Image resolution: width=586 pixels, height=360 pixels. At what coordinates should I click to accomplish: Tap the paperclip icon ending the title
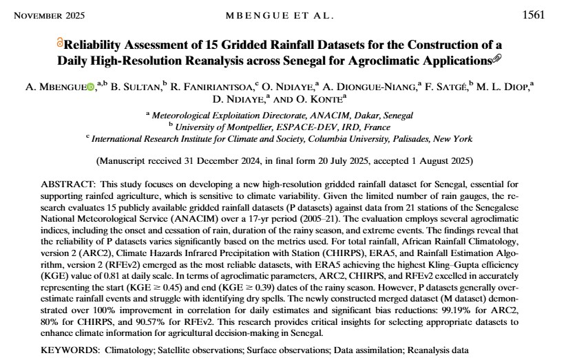(x=498, y=60)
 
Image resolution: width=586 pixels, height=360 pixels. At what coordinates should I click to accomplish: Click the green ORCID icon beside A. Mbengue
(x=90, y=87)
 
